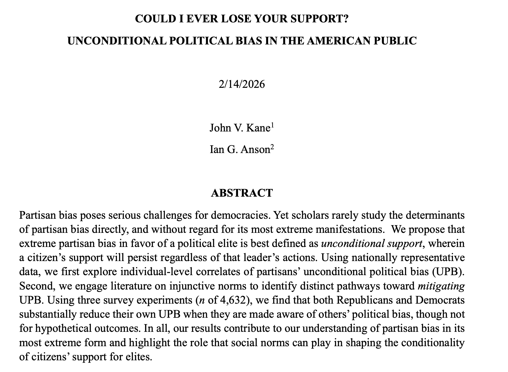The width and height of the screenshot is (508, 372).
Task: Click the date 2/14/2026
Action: point(242,84)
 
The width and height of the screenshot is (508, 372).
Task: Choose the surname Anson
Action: point(255,150)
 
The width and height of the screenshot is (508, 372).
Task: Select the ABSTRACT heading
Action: point(242,193)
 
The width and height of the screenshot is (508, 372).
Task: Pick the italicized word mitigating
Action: point(441,286)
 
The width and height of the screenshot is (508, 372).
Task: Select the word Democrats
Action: point(440,300)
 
